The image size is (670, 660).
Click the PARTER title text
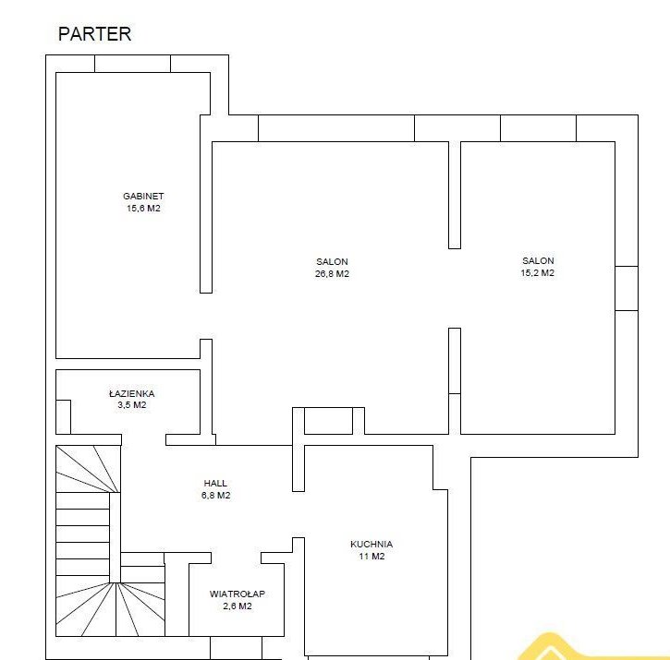coord(94,34)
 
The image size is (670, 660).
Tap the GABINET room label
coord(143,197)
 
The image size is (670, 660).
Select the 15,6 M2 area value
coord(143,209)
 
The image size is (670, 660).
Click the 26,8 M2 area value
coord(332,273)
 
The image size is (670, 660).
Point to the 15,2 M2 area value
coord(538,273)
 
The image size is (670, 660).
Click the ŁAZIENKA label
coord(131,393)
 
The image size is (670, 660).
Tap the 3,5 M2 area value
coord(132,404)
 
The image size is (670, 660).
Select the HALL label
coord(215,484)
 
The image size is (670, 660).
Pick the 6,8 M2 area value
coord(215,495)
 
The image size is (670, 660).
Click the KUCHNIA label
coord(372,545)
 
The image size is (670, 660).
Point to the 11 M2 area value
coord(372,557)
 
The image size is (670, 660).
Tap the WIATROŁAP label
coord(238,594)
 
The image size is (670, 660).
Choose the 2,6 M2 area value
coord(238,606)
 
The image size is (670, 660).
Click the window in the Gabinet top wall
coord(132,64)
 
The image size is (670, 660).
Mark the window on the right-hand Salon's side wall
coord(627,289)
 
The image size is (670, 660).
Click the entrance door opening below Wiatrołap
coord(236,648)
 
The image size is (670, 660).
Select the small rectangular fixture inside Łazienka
coord(63,417)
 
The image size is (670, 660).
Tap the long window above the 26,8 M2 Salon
coord(336,128)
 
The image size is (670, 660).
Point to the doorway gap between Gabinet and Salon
coord(206,317)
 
